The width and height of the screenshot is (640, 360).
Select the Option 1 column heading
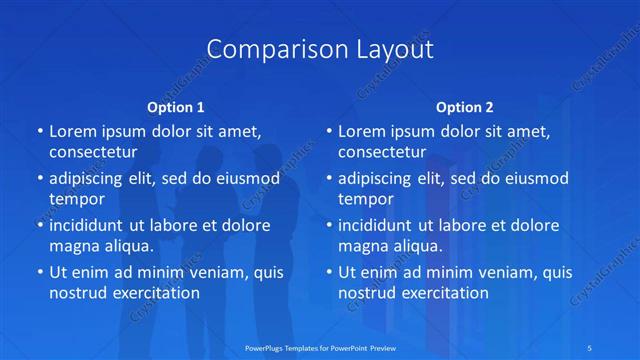176,107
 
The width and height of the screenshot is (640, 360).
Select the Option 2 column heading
465,107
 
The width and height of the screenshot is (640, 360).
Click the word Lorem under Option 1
73,131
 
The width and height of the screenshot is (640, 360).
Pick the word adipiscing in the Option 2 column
380,178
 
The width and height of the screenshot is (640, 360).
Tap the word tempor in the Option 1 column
77,199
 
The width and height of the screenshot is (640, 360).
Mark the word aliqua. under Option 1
128,246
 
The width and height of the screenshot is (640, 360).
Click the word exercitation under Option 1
153,293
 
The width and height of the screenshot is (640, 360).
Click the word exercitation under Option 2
442,293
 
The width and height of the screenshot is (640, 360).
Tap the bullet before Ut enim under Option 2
329,271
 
